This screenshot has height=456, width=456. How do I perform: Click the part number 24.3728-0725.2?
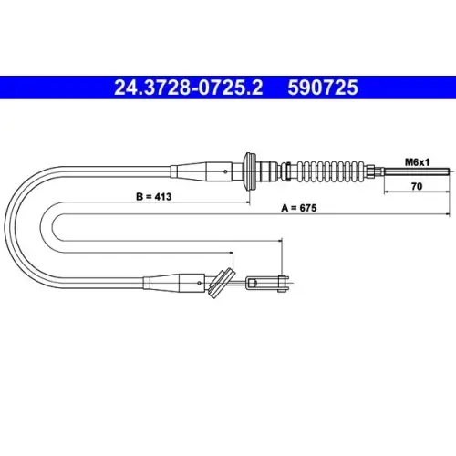[189, 88]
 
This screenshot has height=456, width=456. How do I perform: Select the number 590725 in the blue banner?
[323, 88]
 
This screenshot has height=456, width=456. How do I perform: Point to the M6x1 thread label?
[417, 162]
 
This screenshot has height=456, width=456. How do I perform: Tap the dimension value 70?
[417, 186]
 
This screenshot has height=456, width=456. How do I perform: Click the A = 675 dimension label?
[299, 208]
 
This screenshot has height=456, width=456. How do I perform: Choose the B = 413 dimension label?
[154, 197]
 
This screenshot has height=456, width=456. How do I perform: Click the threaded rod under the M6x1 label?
[417, 171]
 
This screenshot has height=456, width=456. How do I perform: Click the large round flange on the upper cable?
[249, 171]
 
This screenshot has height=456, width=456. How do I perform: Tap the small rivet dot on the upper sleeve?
[225, 171]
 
